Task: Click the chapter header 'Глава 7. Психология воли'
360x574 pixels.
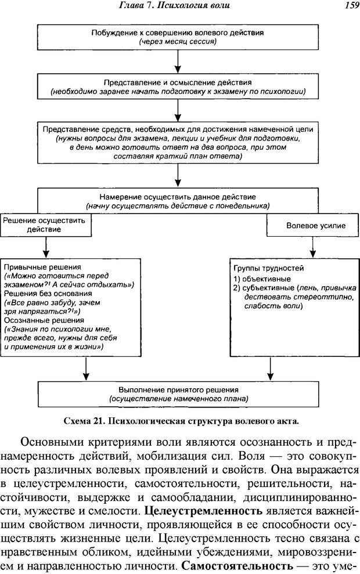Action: [181, 6]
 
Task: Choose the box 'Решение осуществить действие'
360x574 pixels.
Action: [44, 225]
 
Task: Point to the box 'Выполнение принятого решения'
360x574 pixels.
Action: [178, 394]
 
